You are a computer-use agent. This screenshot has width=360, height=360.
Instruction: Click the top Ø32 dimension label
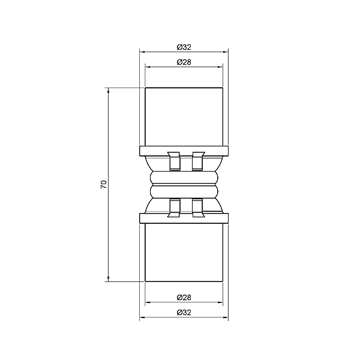[x=184, y=47]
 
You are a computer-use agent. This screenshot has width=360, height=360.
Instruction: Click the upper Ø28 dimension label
[x=184, y=62]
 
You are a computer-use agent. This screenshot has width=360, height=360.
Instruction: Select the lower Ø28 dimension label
[x=184, y=298]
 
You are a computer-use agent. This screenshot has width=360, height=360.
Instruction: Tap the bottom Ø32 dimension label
[x=184, y=313]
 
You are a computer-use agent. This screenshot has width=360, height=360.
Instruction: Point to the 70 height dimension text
[x=104, y=184]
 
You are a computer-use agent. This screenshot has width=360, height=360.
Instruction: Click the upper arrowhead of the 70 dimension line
[x=109, y=91]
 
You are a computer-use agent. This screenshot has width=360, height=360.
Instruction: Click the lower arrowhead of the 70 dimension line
[x=109, y=278]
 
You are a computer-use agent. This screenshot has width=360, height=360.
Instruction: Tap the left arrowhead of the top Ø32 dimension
[x=142, y=52]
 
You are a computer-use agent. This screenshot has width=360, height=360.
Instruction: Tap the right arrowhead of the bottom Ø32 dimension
[x=226, y=317]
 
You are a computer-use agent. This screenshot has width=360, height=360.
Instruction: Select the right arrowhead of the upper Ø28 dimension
[x=220, y=67]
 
